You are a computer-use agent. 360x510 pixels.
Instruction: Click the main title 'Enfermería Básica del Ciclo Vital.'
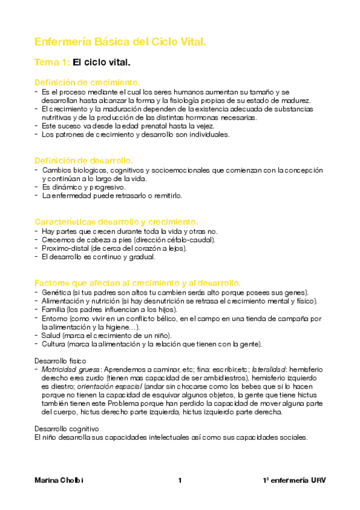click(x=120, y=42)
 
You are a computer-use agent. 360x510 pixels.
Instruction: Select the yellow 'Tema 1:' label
click(x=52, y=62)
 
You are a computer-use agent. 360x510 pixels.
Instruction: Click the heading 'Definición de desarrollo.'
click(x=84, y=161)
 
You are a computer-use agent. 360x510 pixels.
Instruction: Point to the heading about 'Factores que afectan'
click(x=138, y=283)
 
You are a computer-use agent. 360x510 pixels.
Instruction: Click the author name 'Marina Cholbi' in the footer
click(x=59, y=481)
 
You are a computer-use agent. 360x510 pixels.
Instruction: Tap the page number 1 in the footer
click(x=180, y=481)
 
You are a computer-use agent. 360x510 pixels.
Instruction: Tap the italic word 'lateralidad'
click(x=269, y=369)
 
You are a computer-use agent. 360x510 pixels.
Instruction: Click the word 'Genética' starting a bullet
click(x=55, y=292)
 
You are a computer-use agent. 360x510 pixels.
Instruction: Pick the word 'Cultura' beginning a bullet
click(x=53, y=343)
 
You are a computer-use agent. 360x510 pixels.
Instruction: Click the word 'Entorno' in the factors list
click(x=55, y=318)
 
